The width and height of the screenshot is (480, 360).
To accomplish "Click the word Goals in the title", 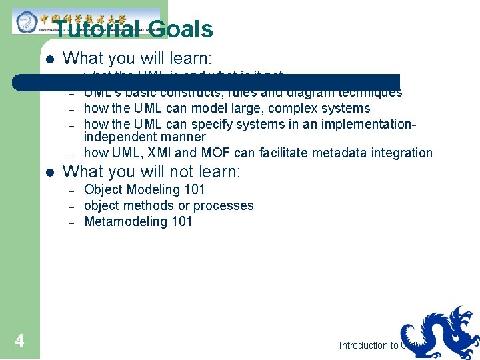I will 181,29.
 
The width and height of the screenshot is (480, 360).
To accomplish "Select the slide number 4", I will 19,341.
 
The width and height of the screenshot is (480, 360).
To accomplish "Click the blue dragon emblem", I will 439,333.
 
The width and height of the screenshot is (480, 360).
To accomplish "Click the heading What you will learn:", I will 137,59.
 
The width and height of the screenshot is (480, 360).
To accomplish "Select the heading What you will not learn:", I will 151,171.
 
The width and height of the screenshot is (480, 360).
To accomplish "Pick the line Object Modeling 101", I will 145,189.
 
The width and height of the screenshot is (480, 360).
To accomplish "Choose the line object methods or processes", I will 169,205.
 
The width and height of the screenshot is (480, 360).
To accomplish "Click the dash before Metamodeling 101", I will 71,221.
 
